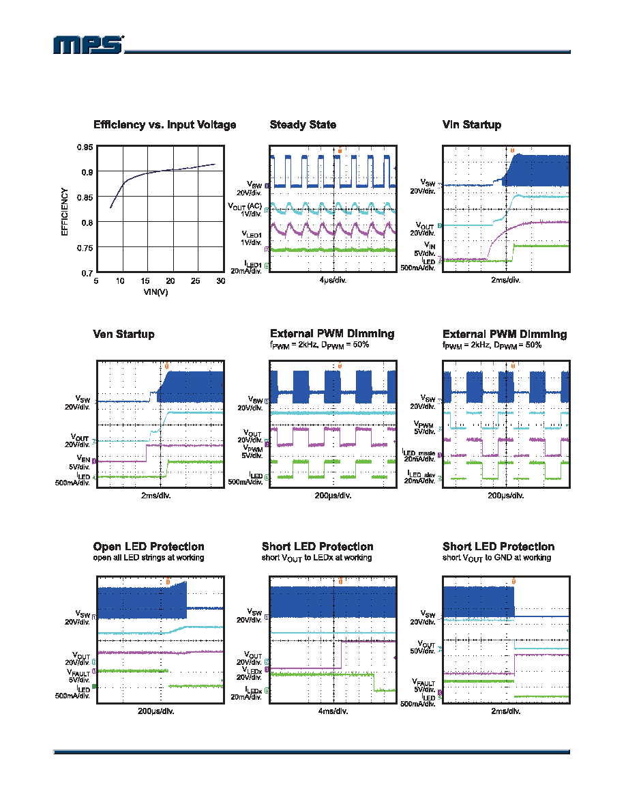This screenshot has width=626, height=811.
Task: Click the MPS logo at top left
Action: (x=89, y=45)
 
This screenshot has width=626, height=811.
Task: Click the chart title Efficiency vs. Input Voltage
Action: (x=165, y=125)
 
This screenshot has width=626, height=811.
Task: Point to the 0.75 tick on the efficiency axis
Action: (x=85, y=248)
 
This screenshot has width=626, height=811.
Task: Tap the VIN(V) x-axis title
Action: (x=155, y=292)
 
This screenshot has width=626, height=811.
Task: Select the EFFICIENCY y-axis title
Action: (x=65, y=212)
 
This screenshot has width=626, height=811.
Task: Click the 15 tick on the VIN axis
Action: (x=145, y=281)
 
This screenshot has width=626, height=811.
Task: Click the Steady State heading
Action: (x=303, y=125)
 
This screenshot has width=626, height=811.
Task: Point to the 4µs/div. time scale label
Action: (x=333, y=281)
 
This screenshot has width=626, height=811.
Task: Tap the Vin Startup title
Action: (x=472, y=125)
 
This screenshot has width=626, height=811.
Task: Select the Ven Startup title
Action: (x=123, y=334)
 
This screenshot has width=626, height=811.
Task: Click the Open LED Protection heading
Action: (x=149, y=547)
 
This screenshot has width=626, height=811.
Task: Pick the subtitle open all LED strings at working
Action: (x=149, y=558)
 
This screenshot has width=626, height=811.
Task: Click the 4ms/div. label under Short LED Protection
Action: (x=333, y=711)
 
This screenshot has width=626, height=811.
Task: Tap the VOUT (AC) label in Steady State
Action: (x=245, y=206)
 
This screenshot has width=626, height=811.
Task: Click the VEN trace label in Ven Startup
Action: (x=83, y=459)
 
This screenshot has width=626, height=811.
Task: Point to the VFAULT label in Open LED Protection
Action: (x=78, y=672)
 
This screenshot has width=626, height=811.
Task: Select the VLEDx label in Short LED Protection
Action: (x=252, y=670)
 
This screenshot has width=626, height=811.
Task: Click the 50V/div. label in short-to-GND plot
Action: (x=423, y=651)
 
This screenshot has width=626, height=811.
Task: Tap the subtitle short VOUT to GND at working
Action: (x=497, y=558)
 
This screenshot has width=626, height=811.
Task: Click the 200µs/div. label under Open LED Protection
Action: (x=156, y=711)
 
